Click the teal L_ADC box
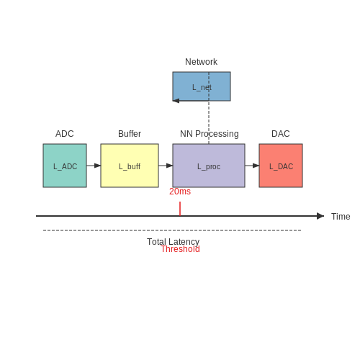click(x=65, y=166)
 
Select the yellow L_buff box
click(x=130, y=166)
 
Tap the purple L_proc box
click(x=209, y=166)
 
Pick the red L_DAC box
click(x=281, y=166)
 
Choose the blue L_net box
click(x=202, y=86)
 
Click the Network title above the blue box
click(x=201, y=62)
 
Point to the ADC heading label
click(x=65, y=134)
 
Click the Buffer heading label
click(x=130, y=134)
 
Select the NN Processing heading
click(x=210, y=134)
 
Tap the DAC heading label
click(x=281, y=134)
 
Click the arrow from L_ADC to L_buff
click(x=94, y=166)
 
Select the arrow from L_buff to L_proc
click(x=166, y=166)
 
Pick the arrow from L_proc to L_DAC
click(x=252, y=166)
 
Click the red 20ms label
click(x=180, y=192)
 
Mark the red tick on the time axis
click(x=180, y=209)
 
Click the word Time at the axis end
click(x=341, y=217)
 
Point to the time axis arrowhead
click(x=320, y=216)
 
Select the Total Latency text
click(x=173, y=242)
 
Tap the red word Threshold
click(x=180, y=249)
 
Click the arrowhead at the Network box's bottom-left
click(x=176, y=101)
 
